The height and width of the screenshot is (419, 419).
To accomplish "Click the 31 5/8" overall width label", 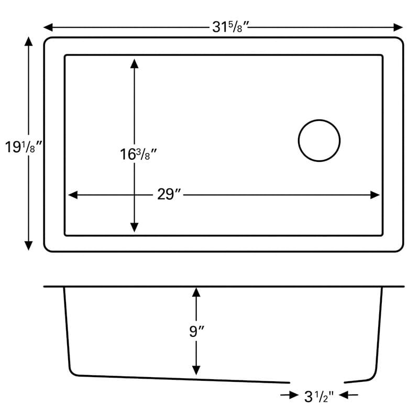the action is coord(230,27).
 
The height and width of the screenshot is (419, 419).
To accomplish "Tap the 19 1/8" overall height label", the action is coord(24,147).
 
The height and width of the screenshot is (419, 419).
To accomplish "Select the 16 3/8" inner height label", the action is coord(138,154).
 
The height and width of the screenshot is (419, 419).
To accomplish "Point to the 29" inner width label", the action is coord(169,194).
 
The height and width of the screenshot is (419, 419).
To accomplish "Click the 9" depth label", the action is coord(197,332).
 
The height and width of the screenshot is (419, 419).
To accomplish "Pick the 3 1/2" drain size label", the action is coord(319,396).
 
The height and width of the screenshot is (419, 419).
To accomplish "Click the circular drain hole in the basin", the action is coord(319,120).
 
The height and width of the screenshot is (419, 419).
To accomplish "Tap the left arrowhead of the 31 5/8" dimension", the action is coord(48,27).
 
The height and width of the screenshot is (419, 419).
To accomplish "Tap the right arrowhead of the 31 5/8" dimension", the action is coord(398,27).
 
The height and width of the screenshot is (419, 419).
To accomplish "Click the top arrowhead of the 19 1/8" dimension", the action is coord(28,41).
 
